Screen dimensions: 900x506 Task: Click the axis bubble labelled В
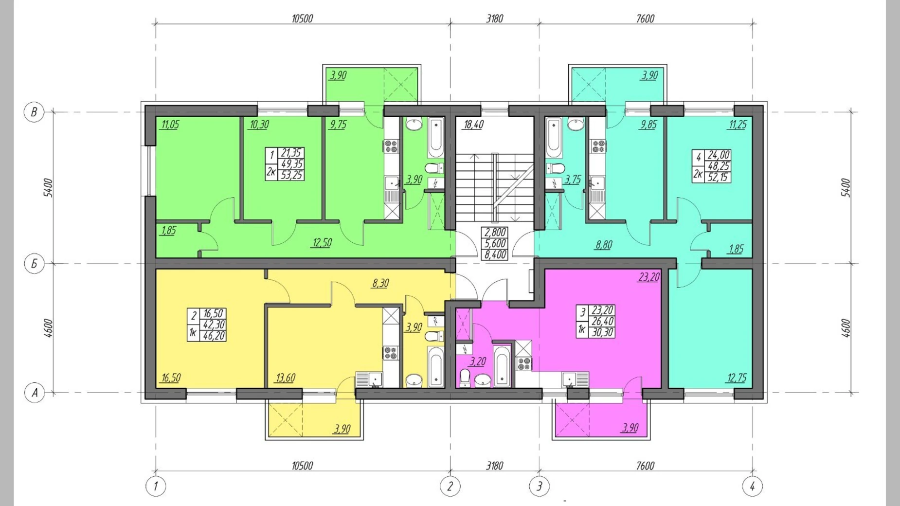(x=34, y=112)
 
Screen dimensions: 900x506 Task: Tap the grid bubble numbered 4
(x=752, y=486)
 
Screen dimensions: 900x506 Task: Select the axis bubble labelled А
(x=35, y=393)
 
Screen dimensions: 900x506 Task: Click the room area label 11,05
(x=170, y=125)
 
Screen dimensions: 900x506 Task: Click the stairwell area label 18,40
(x=473, y=125)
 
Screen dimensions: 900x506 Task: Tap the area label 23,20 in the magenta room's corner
(x=649, y=277)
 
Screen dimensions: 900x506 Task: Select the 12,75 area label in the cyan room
(x=737, y=378)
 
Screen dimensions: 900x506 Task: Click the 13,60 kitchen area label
(x=286, y=378)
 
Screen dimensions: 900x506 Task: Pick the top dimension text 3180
(x=494, y=18)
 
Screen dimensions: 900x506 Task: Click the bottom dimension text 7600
(x=645, y=466)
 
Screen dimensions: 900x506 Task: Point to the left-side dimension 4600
(x=48, y=328)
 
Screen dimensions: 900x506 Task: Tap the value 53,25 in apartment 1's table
(x=291, y=175)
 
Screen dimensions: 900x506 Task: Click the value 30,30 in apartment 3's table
(x=602, y=332)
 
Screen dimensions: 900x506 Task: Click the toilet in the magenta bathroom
(x=465, y=378)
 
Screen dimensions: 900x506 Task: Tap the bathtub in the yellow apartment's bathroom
(x=435, y=366)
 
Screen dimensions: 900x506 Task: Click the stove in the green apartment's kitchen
(x=391, y=145)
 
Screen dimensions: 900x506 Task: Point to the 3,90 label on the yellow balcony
(x=342, y=429)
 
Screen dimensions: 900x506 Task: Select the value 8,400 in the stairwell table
(x=495, y=254)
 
